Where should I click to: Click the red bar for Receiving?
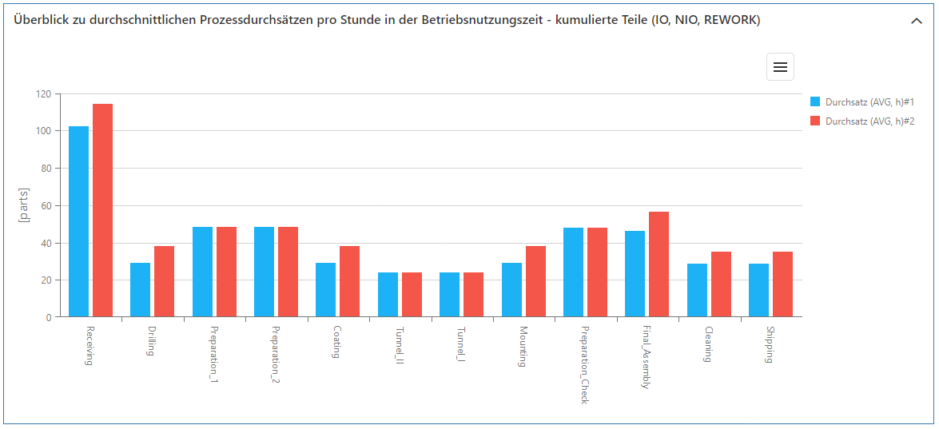pos(102,211)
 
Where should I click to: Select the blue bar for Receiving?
pos(78,222)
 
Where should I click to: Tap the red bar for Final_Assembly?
pos(658,264)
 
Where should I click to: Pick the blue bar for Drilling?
pos(140,290)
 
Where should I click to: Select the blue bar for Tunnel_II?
pos(388,295)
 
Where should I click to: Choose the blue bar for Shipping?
pos(758,291)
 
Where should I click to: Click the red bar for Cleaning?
pos(721,284)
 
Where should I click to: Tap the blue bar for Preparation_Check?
pos(573,272)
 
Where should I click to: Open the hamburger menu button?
pos(780,67)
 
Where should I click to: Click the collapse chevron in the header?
pos(916,22)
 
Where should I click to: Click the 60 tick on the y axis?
pos(45,206)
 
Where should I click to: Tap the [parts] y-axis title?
pos(24,205)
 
